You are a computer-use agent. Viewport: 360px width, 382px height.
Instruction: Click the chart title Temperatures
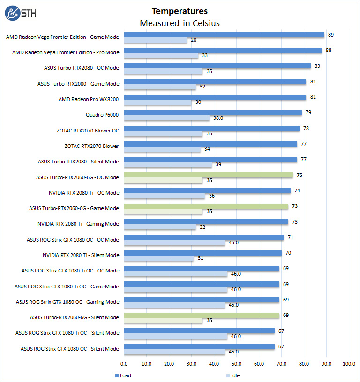coord(180,11)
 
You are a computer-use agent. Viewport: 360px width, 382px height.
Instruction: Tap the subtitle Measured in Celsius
coord(180,23)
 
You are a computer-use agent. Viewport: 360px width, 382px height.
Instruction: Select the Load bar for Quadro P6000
coord(213,113)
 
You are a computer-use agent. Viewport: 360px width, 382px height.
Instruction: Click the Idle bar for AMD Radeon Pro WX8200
coord(157,102)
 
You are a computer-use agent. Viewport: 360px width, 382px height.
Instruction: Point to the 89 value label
coord(330,35)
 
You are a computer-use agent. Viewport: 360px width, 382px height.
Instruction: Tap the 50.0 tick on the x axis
coord(236,363)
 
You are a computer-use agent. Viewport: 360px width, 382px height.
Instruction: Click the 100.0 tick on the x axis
coord(349,363)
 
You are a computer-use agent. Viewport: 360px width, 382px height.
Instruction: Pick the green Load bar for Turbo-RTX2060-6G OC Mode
coord(208,175)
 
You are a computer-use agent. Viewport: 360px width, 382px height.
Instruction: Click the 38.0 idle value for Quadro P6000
coord(218,118)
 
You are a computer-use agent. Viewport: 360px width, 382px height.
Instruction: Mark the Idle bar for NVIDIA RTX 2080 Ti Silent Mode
coord(158,258)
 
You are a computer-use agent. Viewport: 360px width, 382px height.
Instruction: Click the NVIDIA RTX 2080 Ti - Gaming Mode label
coord(78,224)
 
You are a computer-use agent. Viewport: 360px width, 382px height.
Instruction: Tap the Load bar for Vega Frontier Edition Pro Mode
coord(223,50)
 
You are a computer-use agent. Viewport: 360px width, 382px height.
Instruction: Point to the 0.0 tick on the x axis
coord(124,363)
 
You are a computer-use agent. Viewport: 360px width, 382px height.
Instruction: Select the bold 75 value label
coord(300,175)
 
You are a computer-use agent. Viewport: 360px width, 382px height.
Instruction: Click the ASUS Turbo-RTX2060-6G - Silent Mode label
coord(75,317)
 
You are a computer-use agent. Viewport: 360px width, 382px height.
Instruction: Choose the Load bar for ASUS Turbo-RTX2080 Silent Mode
coord(210,160)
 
